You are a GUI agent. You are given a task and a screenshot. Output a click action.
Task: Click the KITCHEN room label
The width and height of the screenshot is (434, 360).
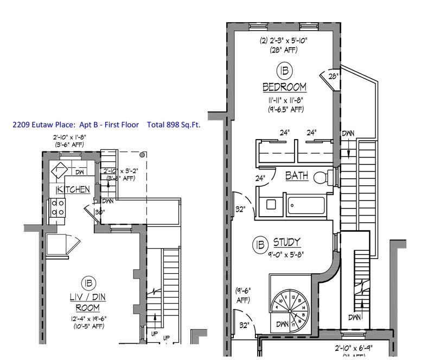pyautogui.click(x=73, y=190)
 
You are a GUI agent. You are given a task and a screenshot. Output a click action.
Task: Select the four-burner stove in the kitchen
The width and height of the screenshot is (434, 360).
pyautogui.click(x=58, y=208)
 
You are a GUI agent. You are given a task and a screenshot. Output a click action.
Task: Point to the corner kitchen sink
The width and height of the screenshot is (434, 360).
pyautogui.click(x=58, y=170)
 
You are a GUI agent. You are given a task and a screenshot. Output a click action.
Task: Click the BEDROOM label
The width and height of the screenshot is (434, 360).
pyautogui.click(x=284, y=87)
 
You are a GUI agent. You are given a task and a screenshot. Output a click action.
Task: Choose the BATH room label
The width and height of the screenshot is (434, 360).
pyautogui.click(x=297, y=176)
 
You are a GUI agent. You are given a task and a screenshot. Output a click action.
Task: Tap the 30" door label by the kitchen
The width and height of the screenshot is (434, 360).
pyautogui.click(x=99, y=212)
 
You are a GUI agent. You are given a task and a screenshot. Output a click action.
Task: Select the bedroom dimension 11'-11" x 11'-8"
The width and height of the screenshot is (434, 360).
pyautogui.click(x=284, y=100)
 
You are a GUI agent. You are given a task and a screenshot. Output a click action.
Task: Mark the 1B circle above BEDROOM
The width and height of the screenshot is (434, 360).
pyautogui.click(x=284, y=71)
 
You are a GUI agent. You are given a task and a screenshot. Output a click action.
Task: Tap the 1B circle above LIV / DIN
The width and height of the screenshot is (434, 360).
pyautogui.click(x=87, y=283)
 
